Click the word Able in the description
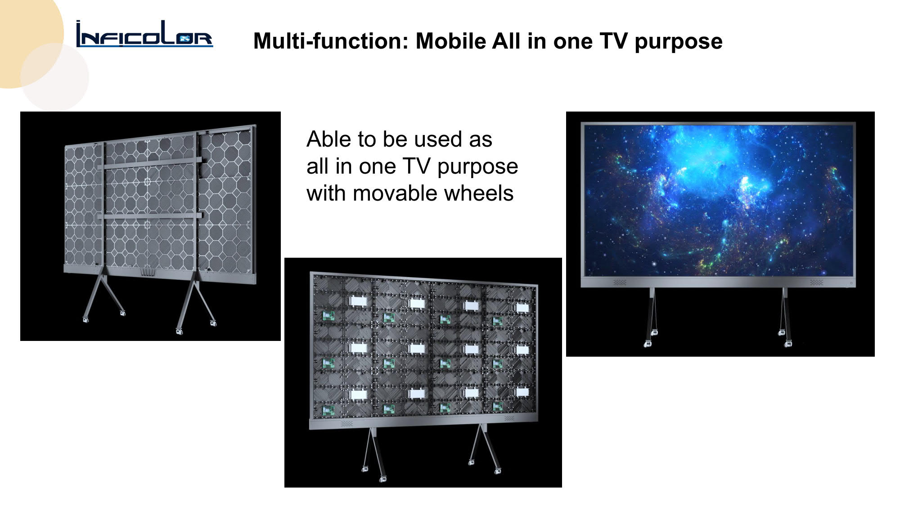click(329, 139)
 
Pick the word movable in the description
click(395, 193)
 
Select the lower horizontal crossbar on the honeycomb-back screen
click(149, 216)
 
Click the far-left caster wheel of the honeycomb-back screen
click(85, 319)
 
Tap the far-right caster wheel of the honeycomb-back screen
click(213, 322)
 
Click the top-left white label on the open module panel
click(358, 301)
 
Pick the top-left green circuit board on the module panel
click(328, 316)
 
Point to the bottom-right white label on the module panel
click(522, 392)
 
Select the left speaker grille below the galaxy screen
click(620, 282)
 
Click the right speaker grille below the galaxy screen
click(816, 282)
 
